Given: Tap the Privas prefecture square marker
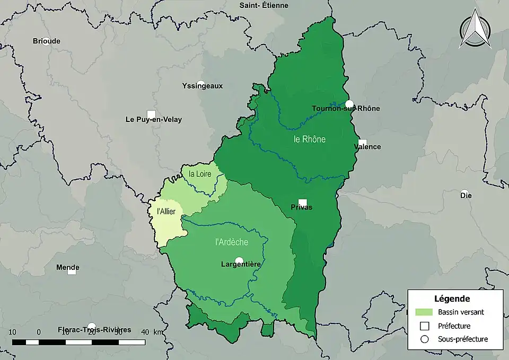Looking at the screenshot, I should click(302, 203).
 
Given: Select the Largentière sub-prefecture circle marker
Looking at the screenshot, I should click(239, 260).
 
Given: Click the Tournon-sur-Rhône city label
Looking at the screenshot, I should click(346, 109).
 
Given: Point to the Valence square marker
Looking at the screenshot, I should click(363, 143).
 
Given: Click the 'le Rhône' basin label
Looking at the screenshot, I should click(310, 139).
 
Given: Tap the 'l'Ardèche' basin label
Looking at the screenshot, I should click(232, 242).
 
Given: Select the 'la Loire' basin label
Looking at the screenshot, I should click(200, 173).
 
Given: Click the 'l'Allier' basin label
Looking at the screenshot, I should click(166, 211).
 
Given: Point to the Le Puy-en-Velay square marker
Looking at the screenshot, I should click(151, 114).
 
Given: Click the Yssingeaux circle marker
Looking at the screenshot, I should click(200, 84).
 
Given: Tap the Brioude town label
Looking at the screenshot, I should click(47, 41).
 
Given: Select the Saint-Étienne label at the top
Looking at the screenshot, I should click(264, 5).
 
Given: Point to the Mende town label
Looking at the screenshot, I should click(68, 267).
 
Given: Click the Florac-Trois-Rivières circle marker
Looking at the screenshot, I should click(92, 327).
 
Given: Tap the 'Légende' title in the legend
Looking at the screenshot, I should click(452, 298).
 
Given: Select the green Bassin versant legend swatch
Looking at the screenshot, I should click(424, 312).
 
